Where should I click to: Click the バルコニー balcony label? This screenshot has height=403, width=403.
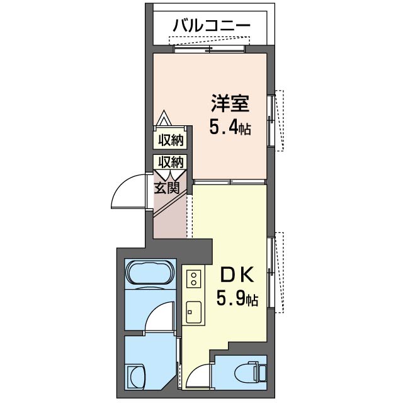tap(212, 26)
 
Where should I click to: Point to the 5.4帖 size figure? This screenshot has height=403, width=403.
tap(230, 128)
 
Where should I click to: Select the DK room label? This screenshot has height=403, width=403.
tap(236, 276)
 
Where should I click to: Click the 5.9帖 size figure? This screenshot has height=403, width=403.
tap(237, 298)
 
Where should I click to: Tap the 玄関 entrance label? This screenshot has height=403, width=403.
tap(168, 187)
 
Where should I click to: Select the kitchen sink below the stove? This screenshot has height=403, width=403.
tap(193, 310)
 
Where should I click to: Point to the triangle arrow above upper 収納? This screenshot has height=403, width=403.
tap(164, 119)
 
